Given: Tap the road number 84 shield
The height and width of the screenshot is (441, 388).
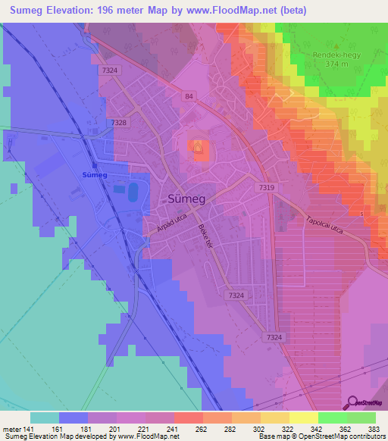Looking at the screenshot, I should [x=187, y=96].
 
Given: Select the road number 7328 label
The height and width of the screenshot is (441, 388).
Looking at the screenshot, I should [x=118, y=122].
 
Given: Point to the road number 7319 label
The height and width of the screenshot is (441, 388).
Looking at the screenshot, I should [x=266, y=187].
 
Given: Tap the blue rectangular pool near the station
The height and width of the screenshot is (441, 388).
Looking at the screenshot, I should [x=134, y=192].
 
